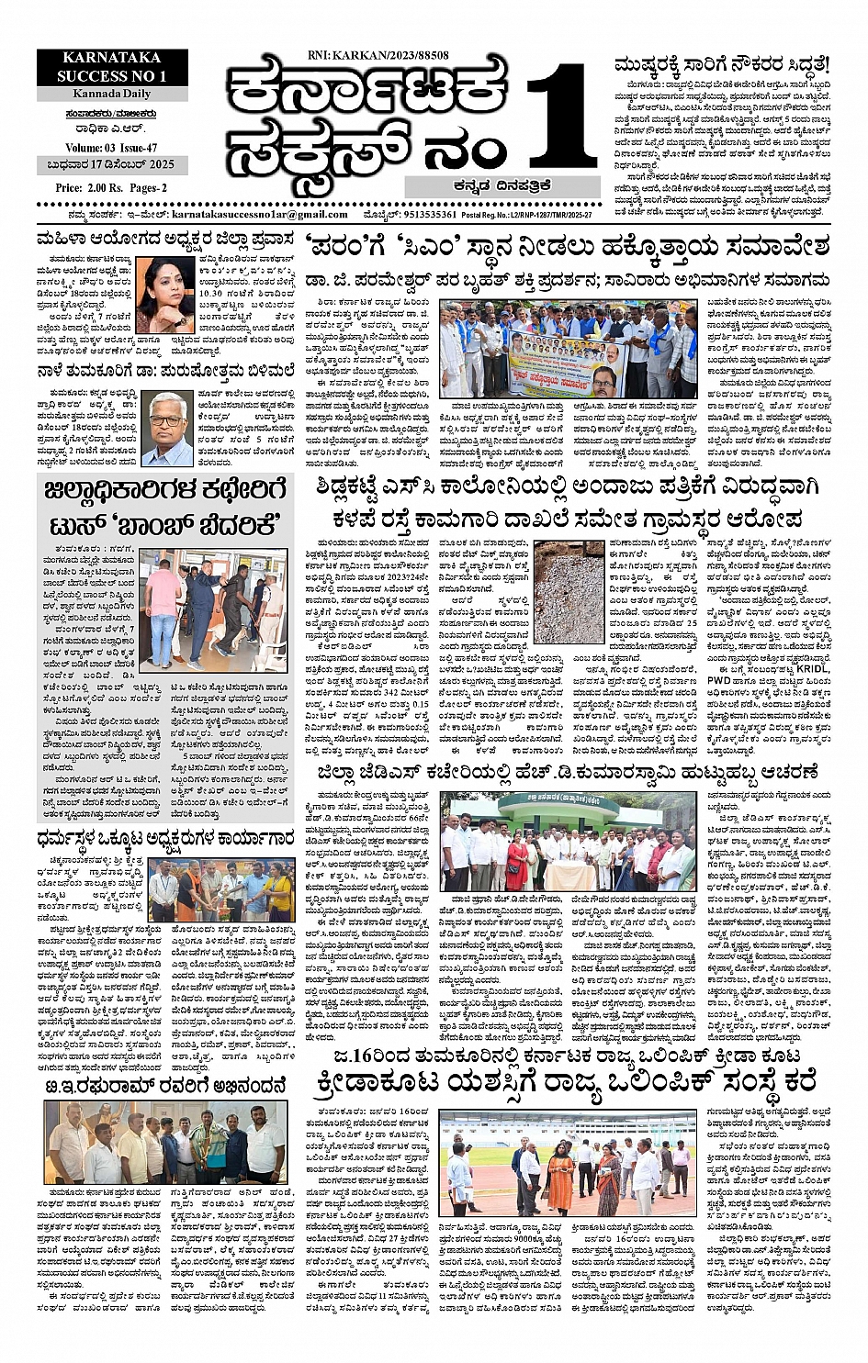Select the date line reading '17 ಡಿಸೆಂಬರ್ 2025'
coord(113,166)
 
